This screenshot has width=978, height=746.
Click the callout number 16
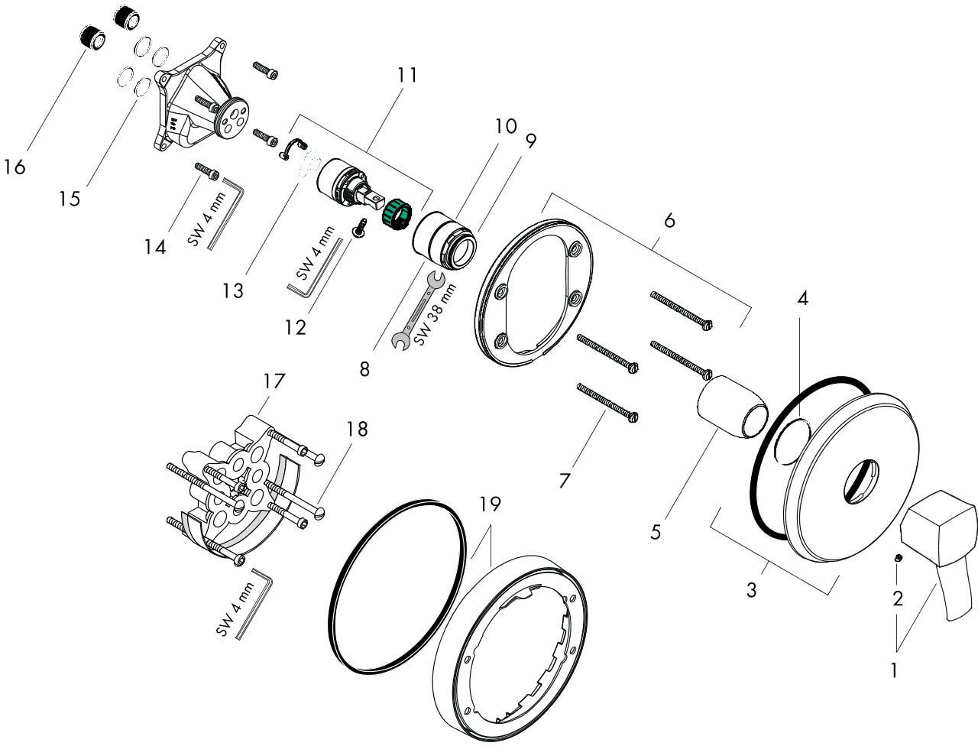pos(13,166)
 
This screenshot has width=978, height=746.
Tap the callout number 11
pos(407,75)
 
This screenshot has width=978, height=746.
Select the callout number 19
pos(491,504)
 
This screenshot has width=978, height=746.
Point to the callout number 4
pos(802,300)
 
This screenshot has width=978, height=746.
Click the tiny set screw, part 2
pos(899,561)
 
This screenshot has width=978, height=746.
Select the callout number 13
pos(234,290)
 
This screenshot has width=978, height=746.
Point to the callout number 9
pos(530,141)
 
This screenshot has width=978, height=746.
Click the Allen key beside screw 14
pos(225,212)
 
